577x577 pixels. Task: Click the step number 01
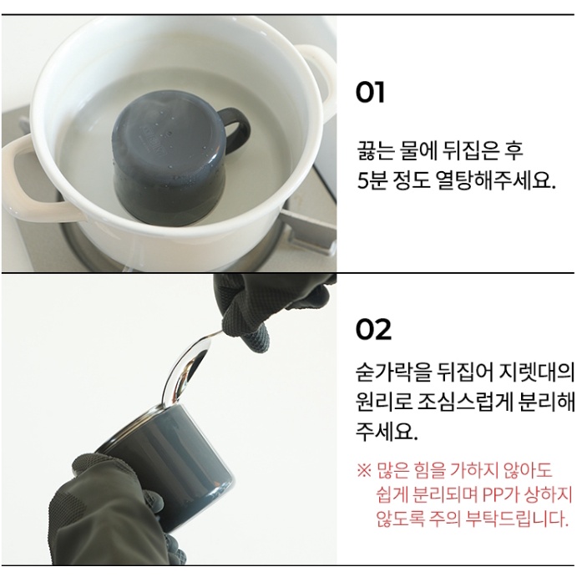(x=370, y=93)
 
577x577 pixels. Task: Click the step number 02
(x=373, y=329)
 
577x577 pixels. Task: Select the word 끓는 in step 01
(x=372, y=150)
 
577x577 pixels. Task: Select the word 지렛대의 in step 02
(x=537, y=372)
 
